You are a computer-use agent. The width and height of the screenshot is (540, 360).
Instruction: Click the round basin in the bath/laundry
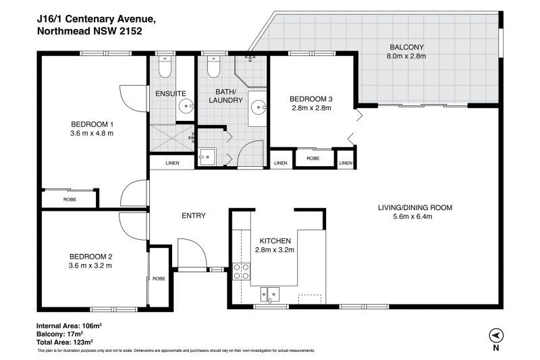[259, 107]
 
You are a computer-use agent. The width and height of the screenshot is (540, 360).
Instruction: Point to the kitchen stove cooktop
[242, 271]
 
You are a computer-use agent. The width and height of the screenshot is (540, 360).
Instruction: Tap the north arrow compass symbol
[496, 335]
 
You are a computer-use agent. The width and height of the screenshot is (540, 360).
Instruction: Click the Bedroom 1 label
[92, 124]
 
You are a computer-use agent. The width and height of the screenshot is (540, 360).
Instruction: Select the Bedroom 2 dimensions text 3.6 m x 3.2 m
[90, 265]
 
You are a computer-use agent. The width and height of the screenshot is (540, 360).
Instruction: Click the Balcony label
[407, 47]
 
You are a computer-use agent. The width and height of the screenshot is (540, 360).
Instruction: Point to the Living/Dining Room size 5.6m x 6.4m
[412, 216]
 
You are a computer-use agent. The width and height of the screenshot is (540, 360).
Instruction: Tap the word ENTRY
[194, 215]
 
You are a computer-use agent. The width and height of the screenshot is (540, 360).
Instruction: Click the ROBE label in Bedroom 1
[70, 199]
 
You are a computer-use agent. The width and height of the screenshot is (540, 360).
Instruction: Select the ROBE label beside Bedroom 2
[159, 278]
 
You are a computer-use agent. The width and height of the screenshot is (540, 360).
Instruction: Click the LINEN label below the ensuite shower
[172, 163]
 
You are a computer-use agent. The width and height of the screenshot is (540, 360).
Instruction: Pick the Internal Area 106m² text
[69, 325]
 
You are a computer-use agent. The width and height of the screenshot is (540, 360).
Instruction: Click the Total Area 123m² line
[65, 342]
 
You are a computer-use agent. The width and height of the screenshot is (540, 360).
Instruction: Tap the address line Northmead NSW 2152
[90, 31]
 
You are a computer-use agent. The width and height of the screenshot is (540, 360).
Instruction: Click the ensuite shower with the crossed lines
[172, 138]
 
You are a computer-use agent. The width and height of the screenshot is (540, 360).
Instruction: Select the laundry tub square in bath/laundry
[207, 157]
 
